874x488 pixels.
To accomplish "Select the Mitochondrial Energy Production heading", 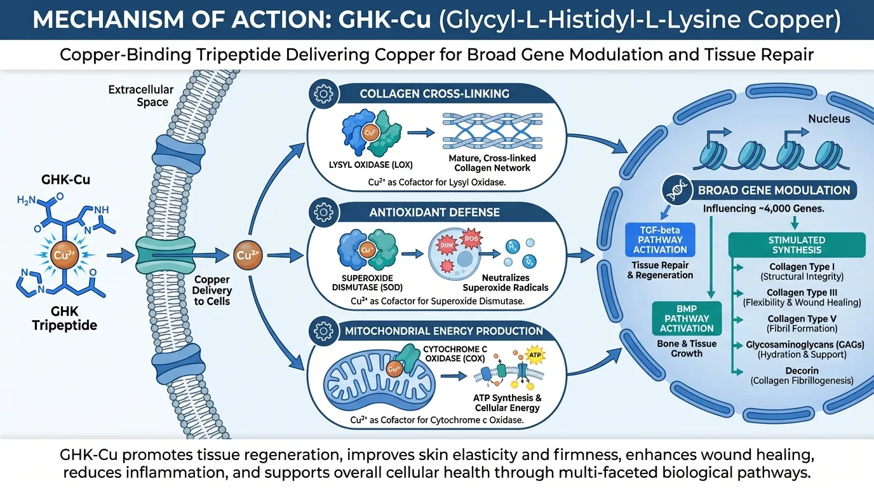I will pyautogui.click(x=443, y=330).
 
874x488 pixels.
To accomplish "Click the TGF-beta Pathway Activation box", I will pyautogui.click(x=661, y=239).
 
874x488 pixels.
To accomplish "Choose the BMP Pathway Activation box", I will pyautogui.click(x=687, y=318).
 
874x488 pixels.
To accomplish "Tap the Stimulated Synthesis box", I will pyautogui.click(x=797, y=245).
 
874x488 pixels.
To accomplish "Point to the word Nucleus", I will pyautogui.click(x=828, y=119).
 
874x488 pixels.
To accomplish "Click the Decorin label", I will pyautogui.click(x=802, y=370).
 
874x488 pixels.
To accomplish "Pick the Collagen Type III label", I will pyautogui.click(x=802, y=292).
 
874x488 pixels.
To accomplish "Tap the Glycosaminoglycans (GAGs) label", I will pyautogui.click(x=802, y=344).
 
